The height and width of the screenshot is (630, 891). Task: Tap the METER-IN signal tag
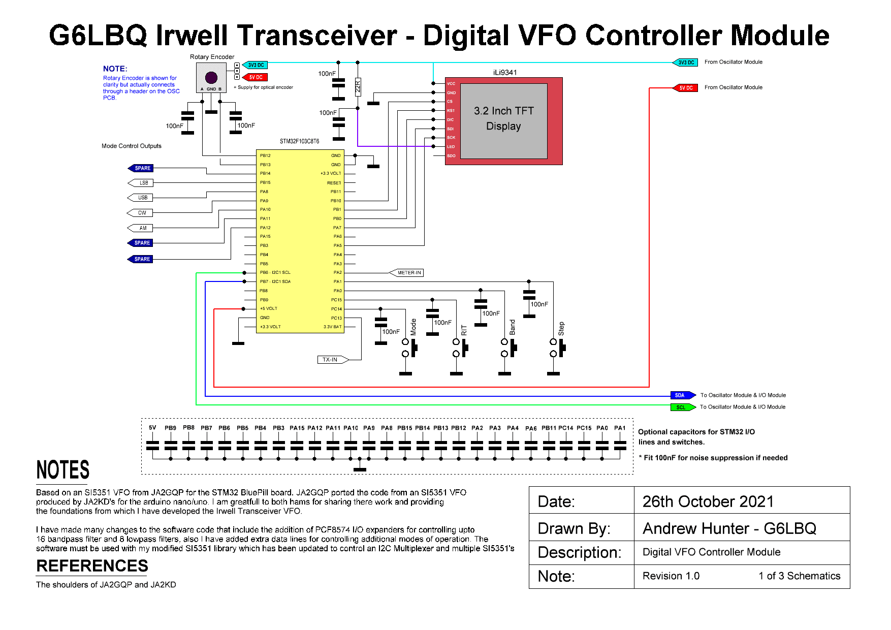coord(407,273)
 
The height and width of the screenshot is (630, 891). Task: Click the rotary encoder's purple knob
coord(211,78)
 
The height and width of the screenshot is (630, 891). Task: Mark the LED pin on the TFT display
coord(451,147)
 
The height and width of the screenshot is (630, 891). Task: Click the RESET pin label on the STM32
coord(334,183)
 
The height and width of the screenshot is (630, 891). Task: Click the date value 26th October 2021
coord(708,501)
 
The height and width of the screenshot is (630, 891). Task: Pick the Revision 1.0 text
coord(671,576)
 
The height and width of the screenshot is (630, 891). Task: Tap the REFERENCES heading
coord(92,565)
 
